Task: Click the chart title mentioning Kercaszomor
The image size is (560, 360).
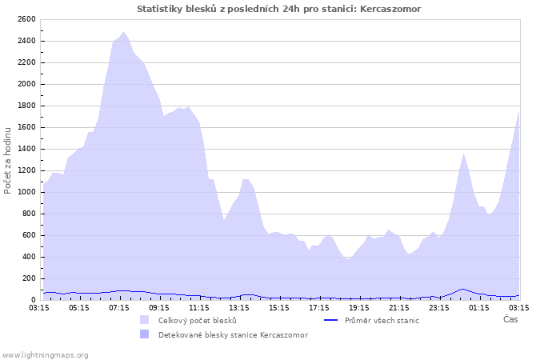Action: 279,9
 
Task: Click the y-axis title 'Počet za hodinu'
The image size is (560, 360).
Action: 8,159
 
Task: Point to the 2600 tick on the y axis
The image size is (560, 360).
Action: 26,19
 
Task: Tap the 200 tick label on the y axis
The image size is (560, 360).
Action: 29,278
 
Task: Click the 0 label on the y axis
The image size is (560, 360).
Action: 34,300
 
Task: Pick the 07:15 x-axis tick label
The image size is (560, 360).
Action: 119,307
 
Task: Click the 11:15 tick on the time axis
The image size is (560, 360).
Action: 199,307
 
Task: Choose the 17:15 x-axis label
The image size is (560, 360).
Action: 319,307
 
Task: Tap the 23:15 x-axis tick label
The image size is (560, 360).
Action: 439,307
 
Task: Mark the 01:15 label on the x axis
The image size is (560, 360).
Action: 479,307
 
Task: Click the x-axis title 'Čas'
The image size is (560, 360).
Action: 510,319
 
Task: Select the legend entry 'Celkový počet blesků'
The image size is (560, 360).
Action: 197,320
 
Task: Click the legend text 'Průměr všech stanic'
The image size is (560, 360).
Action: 382,320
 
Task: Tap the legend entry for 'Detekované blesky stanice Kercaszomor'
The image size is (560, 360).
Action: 233,334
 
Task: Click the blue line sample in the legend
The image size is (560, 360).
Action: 331,320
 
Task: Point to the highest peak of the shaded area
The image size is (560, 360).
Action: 123,32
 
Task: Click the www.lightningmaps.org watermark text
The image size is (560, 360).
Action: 45,354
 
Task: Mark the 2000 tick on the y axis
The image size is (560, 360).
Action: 26,84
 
